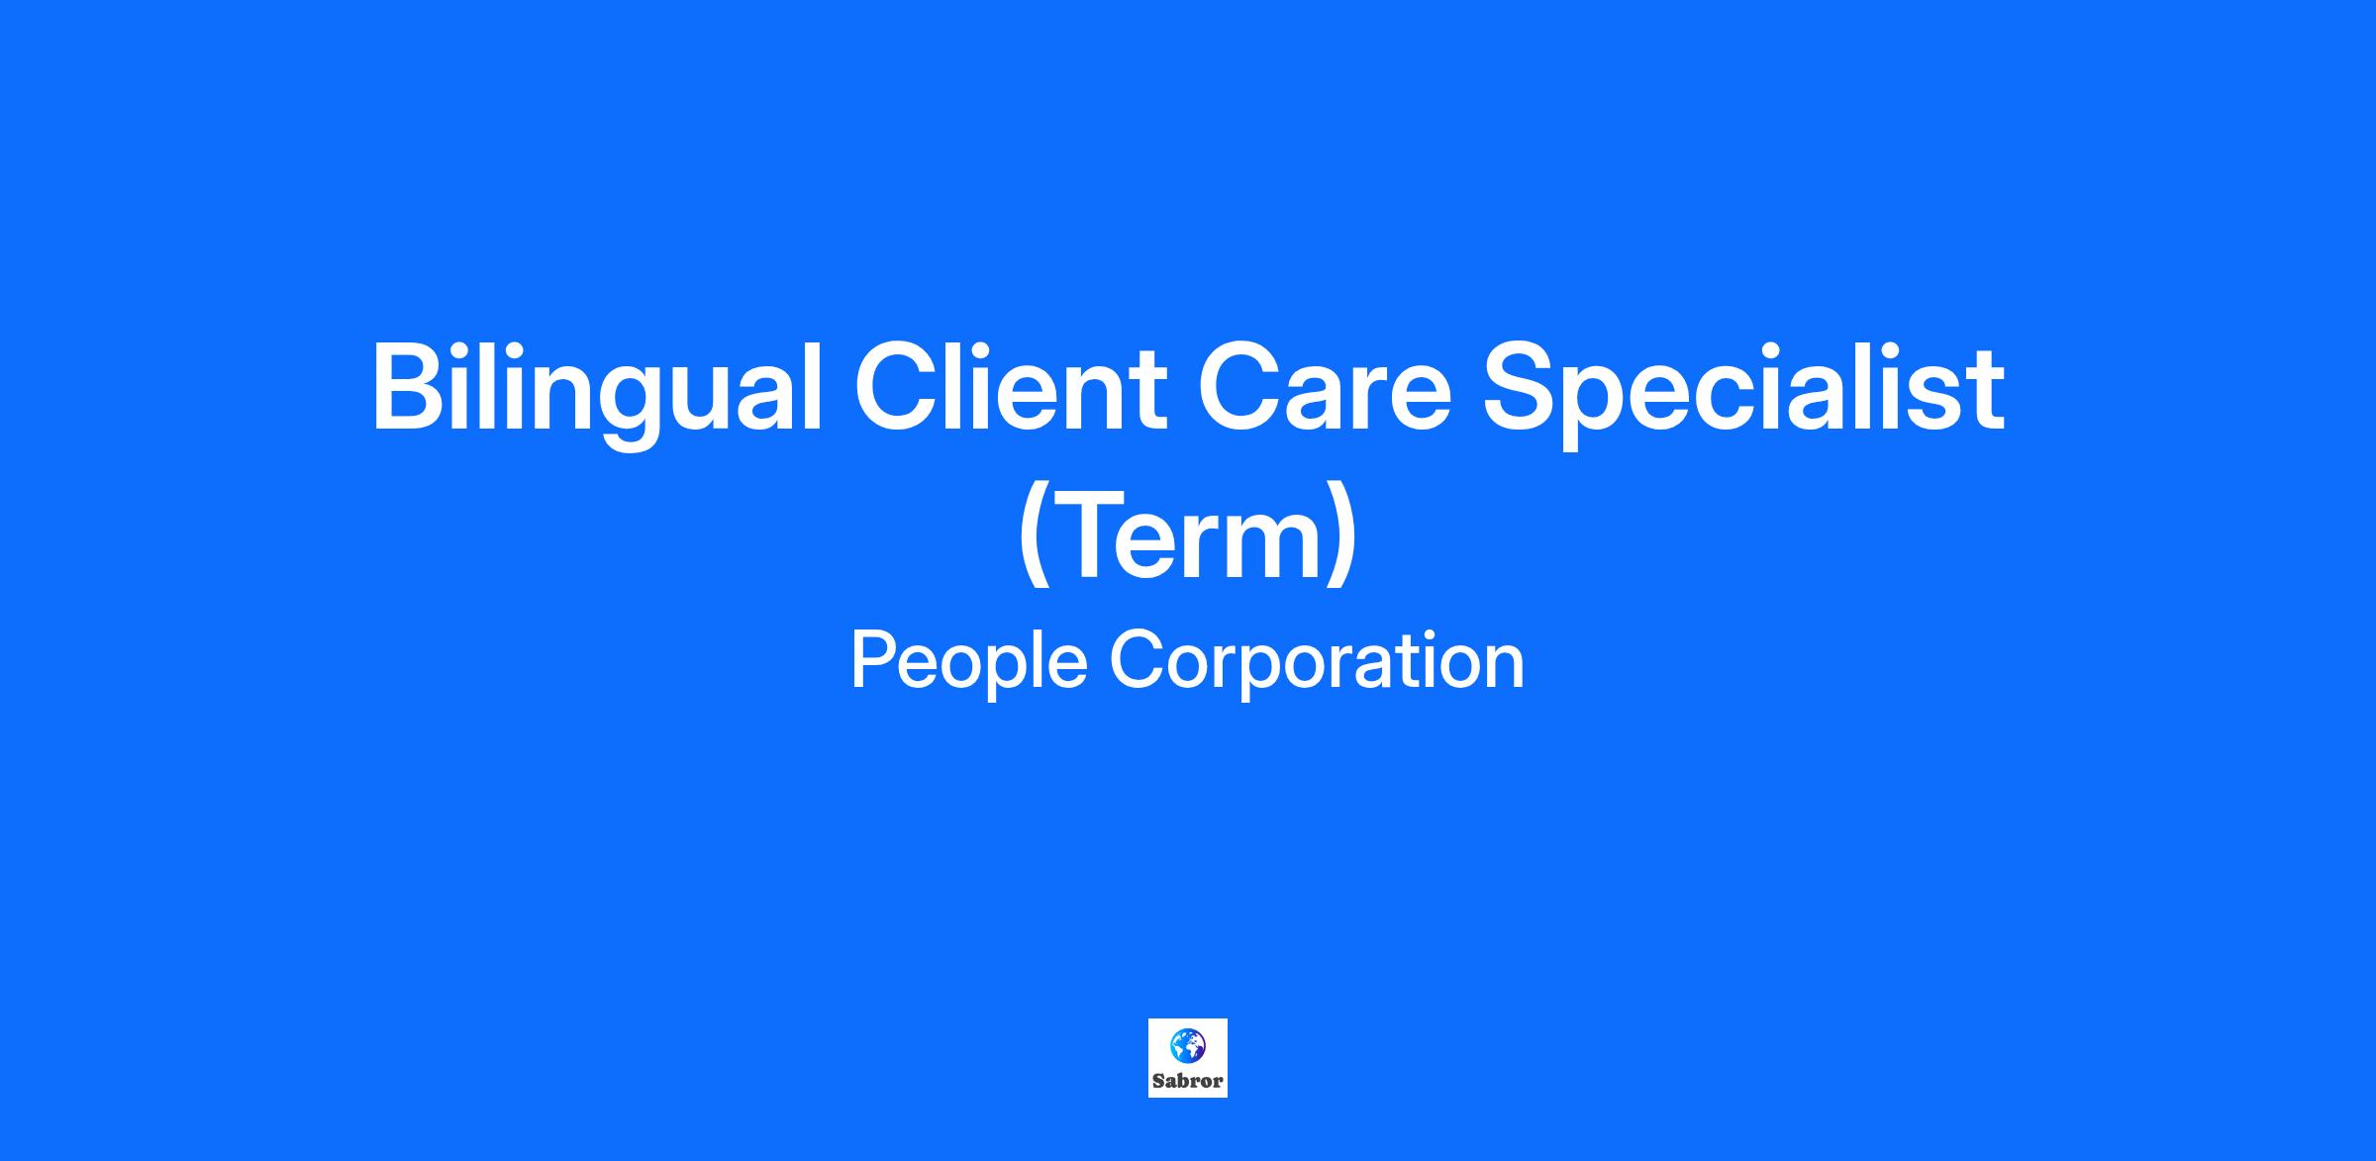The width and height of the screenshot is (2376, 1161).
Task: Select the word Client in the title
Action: (x=1011, y=387)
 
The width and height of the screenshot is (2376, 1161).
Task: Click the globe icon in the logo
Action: (x=1187, y=1045)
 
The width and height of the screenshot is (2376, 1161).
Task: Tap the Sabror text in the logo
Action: (x=1187, y=1081)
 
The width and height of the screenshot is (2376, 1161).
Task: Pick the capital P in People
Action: (x=874, y=659)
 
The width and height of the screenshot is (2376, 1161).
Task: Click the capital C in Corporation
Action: (x=1136, y=659)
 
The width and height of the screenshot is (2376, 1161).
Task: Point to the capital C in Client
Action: (x=897, y=387)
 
